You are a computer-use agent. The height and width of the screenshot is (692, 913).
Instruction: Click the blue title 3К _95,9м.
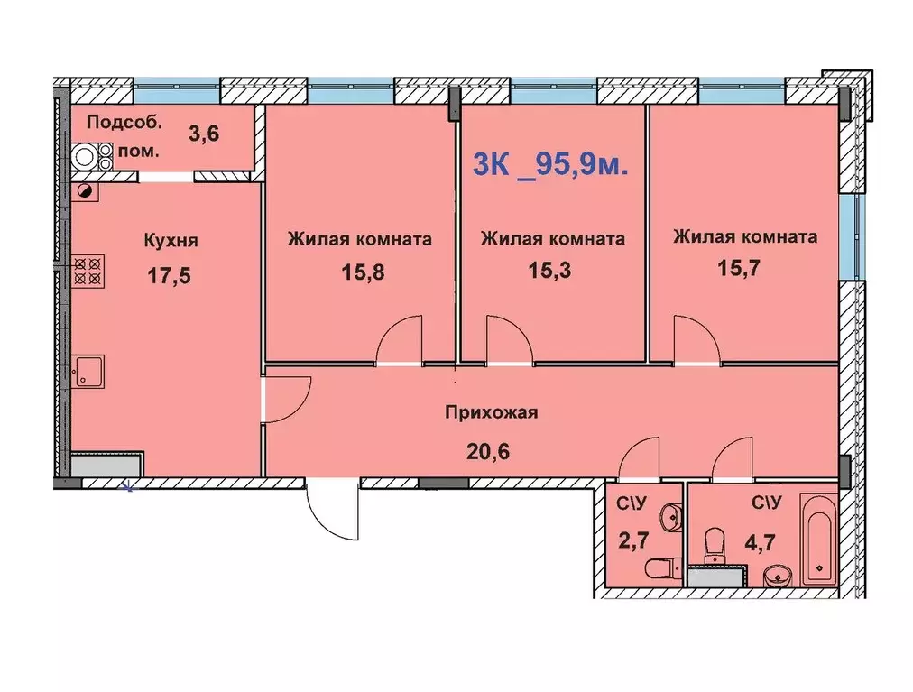pyautogui.click(x=551, y=164)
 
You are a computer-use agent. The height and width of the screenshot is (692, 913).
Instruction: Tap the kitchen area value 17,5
pyautogui.click(x=169, y=275)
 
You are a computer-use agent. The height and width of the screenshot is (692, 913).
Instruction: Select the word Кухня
pyautogui.click(x=171, y=241)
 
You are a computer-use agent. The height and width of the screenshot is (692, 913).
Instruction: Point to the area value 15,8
pyautogui.click(x=363, y=272)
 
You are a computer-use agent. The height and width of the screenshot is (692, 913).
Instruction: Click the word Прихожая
pyautogui.click(x=492, y=413)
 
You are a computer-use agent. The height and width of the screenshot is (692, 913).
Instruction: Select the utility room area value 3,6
pyautogui.click(x=204, y=134)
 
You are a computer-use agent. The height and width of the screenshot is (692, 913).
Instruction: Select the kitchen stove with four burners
pyautogui.click(x=89, y=271)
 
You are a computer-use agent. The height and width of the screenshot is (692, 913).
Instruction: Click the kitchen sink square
pyautogui.click(x=89, y=370)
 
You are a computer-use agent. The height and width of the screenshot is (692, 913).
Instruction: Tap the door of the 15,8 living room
pyautogui.click(x=401, y=341)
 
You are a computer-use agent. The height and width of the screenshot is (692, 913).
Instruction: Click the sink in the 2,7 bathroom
pyautogui.click(x=669, y=517)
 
